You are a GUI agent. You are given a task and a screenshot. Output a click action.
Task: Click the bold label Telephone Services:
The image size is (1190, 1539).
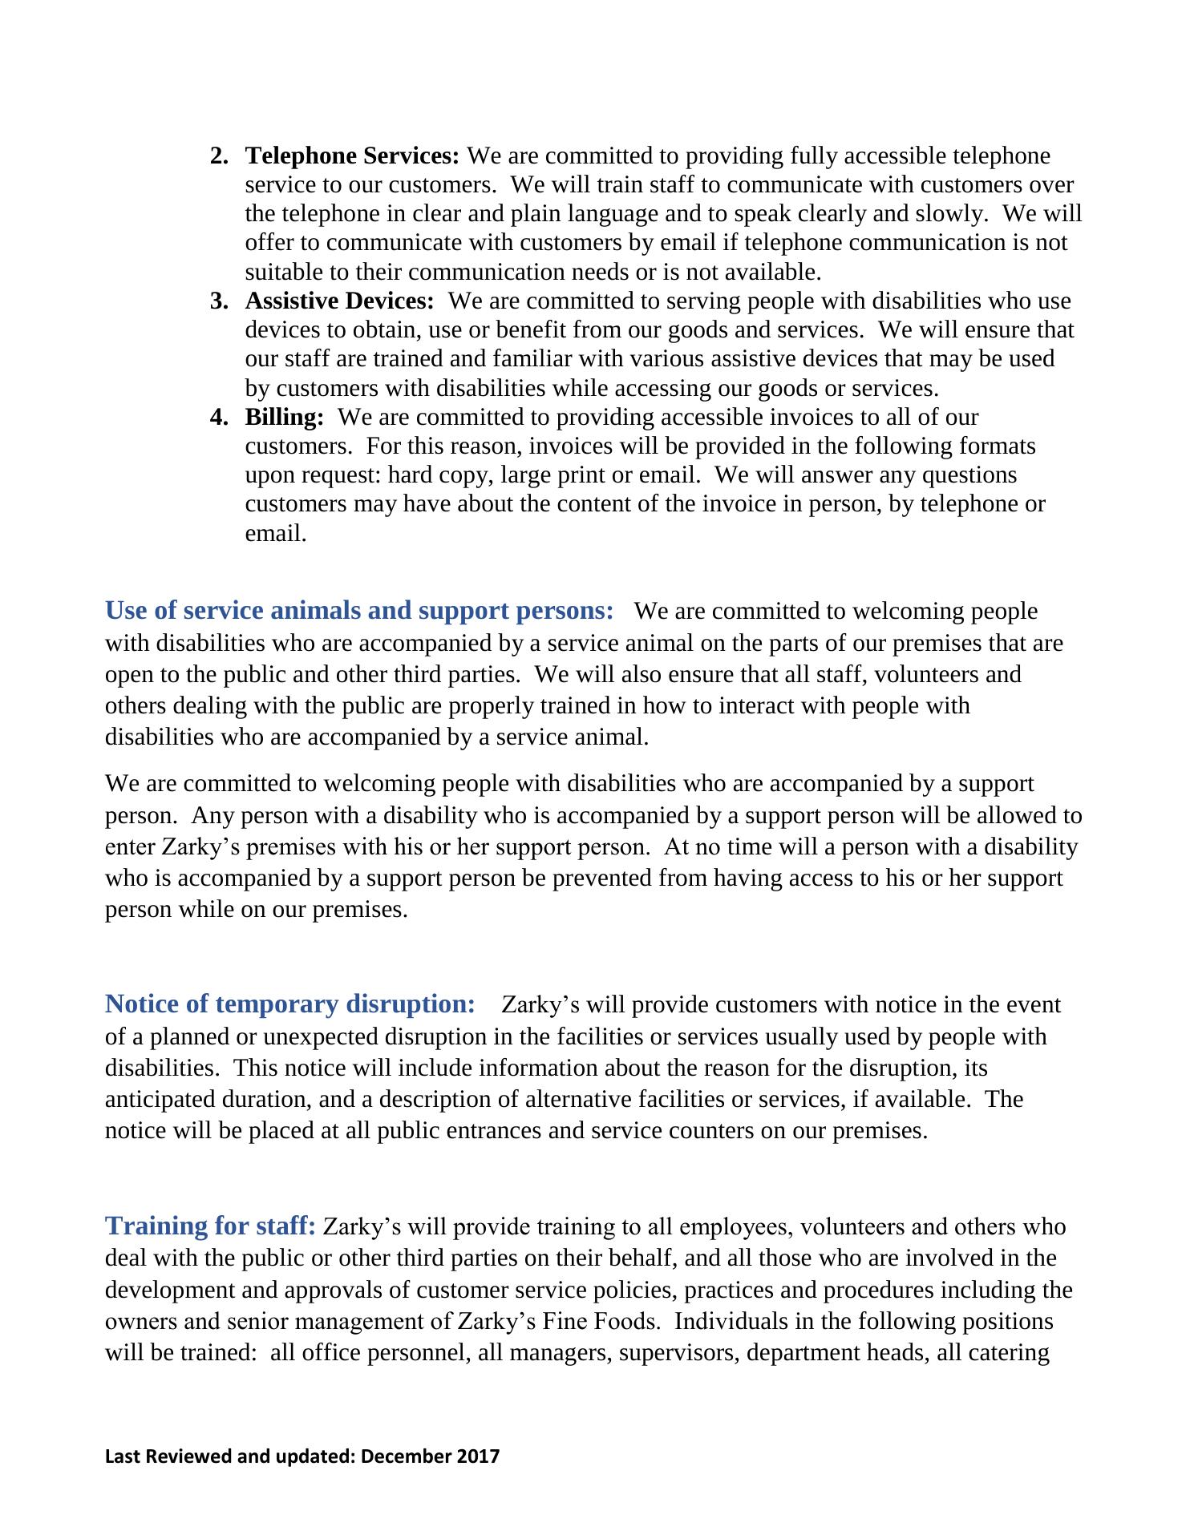point(352,156)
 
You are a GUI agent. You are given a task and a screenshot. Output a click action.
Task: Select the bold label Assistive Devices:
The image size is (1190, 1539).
point(339,301)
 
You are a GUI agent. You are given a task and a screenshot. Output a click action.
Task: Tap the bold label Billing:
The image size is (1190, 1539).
point(285,417)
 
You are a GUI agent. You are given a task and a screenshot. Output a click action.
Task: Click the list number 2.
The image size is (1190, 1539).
point(218,156)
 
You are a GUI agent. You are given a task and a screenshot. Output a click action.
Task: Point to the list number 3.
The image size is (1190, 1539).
point(218,301)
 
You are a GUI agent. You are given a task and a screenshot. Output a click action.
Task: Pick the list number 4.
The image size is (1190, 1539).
point(218,417)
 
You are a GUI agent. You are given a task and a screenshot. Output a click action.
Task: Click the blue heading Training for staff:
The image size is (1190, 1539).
point(210,1226)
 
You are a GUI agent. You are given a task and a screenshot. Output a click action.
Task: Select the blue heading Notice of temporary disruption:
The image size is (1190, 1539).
point(290,1004)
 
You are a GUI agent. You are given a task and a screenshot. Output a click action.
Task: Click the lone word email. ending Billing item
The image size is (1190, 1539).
point(276,534)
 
